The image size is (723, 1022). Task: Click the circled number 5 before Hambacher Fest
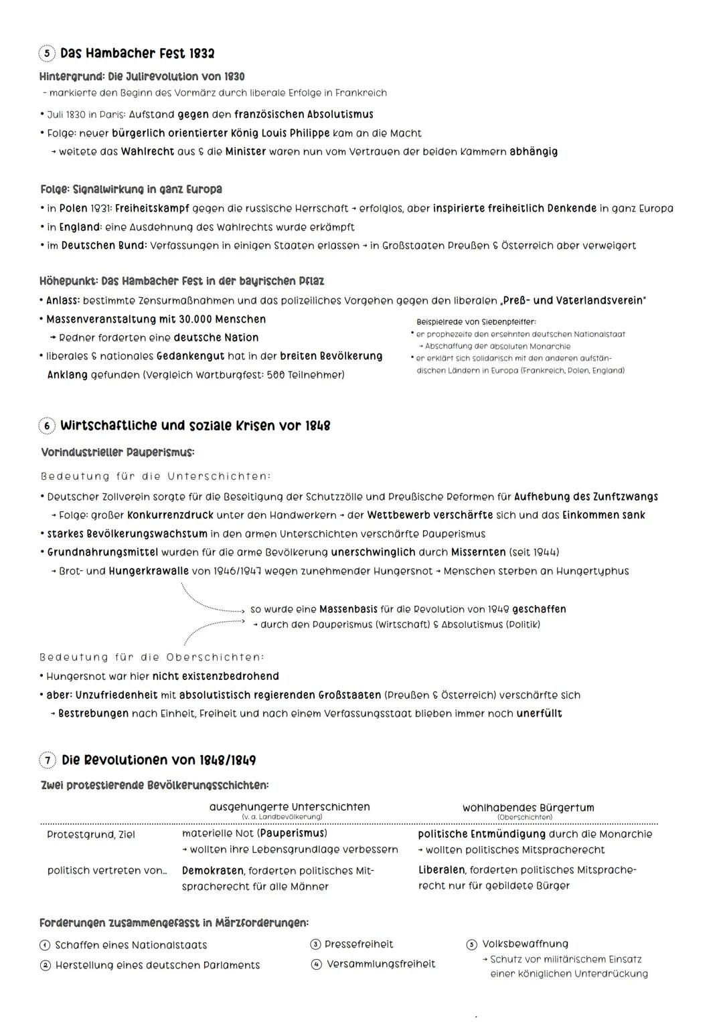47,54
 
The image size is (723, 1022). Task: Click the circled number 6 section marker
47,426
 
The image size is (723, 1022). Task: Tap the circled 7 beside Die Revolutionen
48,760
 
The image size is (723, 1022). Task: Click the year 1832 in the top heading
202,54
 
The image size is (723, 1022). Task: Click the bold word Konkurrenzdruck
170,515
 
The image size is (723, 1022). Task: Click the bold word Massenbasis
348,609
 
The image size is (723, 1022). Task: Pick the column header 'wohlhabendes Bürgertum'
528,808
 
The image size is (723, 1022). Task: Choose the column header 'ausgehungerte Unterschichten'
289,807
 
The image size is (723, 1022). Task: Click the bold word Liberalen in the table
442,870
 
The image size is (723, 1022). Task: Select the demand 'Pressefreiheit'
359,944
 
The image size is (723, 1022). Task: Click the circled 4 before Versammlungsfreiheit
315,964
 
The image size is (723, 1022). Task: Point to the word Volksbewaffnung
526,944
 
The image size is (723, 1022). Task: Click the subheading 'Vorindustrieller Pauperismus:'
117,452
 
